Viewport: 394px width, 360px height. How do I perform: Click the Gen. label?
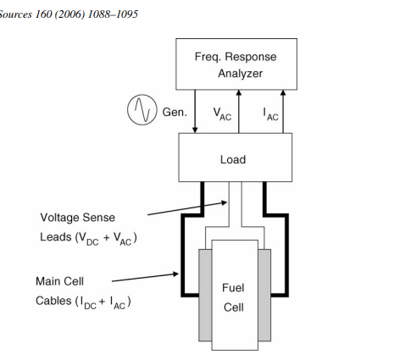click(x=175, y=113)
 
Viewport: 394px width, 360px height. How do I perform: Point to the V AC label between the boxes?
click(x=222, y=114)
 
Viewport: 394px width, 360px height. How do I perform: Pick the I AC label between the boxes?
click(x=271, y=114)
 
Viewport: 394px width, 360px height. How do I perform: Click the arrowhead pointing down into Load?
click(x=195, y=130)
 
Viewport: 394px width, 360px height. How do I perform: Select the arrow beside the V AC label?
click(x=239, y=112)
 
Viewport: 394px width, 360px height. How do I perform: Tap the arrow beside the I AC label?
click(x=283, y=112)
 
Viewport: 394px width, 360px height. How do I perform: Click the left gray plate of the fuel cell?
click(x=205, y=295)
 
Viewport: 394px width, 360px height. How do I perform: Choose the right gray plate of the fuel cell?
click(x=264, y=295)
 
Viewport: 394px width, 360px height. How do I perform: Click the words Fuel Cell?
click(x=233, y=297)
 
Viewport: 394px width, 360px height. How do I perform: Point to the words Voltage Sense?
click(x=78, y=218)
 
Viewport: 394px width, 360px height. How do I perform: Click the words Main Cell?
click(x=59, y=281)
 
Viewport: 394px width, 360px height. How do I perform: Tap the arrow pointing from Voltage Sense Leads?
click(x=187, y=208)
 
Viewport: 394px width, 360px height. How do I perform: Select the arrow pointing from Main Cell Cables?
click(x=145, y=277)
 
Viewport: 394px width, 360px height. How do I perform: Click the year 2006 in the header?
click(x=69, y=14)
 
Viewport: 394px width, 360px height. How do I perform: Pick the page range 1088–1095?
click(x=113, y=14)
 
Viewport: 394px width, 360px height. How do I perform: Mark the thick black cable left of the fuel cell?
click(x=183, y=254)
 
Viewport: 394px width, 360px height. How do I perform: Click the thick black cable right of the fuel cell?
click(x=286, y=254)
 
